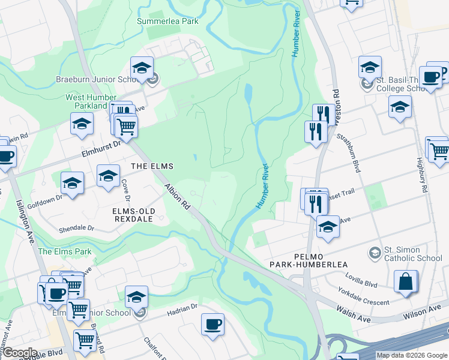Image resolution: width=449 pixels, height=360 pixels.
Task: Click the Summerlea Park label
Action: [x=167, y=21]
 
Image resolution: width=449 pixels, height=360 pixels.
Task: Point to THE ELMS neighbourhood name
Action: [x=152, y=166]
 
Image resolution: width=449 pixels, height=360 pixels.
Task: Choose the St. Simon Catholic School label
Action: [x=413, y=254]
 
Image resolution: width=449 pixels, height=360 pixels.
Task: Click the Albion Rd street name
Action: [x=178, y=197]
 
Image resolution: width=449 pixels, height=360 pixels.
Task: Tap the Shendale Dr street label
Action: [x=76, y=229]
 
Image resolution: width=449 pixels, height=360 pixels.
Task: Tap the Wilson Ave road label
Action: [x=424, y=312]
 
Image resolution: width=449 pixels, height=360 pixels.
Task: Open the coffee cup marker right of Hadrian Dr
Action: [x=212, y=325]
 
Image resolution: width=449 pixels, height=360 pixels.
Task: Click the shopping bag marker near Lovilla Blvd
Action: [x=406, y=281]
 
